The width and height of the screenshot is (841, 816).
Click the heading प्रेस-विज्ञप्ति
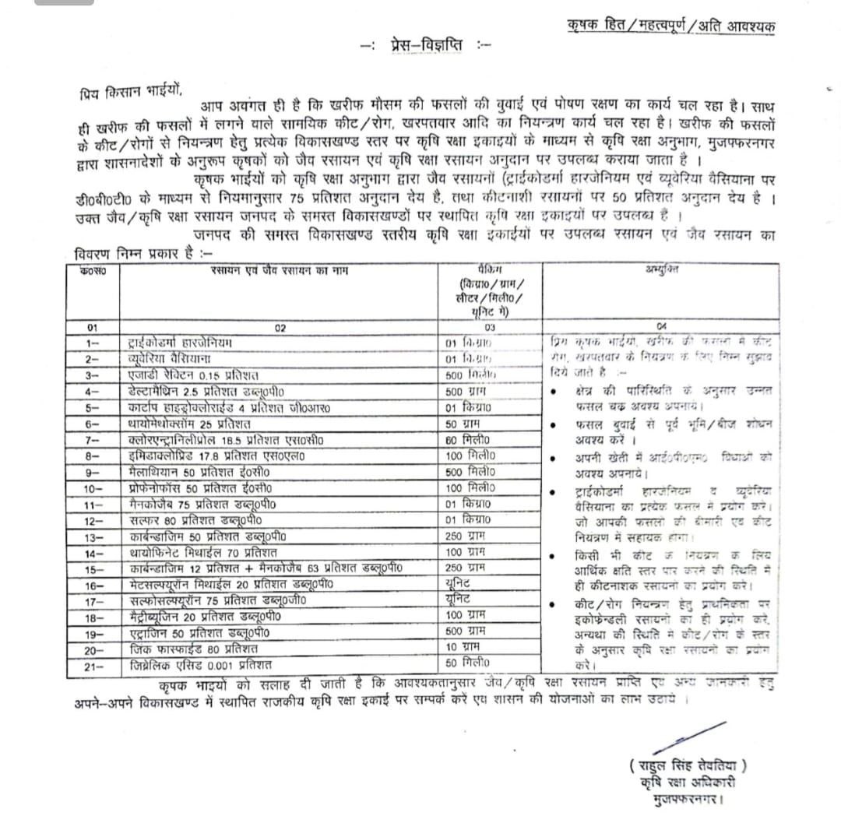(x=427, y=45)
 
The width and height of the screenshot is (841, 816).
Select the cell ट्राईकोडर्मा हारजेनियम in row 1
(x=180, y=342)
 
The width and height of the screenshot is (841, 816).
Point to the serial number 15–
(x=94, y=570)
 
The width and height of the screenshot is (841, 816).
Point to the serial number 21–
(x=94, y=667)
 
